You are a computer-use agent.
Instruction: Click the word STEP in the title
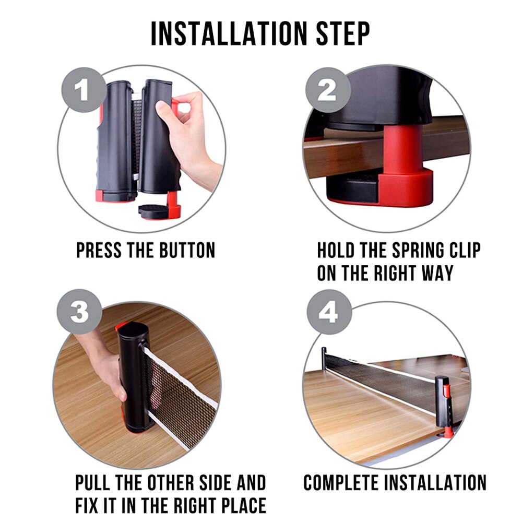point(343,33)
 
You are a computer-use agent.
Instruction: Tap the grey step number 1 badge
point(84,90)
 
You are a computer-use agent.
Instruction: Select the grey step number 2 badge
point(328,90)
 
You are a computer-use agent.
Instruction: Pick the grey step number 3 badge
point(79,312)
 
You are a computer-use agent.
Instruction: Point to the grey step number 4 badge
point(329,312)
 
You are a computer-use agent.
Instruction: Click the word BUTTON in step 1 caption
point(187,251)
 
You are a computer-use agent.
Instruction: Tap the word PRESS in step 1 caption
point(99,251)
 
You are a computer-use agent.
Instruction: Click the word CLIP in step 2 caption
point(466,251)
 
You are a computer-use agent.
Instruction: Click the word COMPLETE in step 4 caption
point(341,483)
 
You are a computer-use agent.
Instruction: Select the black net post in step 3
point(133,378)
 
